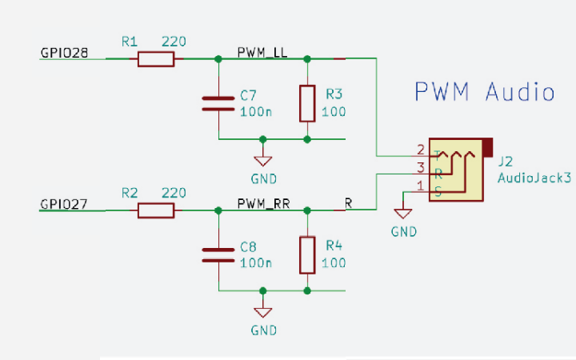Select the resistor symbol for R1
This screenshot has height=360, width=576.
[156, 58]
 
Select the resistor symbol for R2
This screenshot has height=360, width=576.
[156, 210]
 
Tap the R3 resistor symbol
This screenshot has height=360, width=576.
[307, 103]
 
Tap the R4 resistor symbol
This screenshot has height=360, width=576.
[307, 255]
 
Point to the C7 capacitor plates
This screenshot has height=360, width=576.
[218, 103]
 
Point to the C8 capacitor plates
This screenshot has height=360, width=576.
[218, 254]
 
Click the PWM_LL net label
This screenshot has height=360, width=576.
[262, 52]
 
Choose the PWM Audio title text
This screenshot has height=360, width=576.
[485, 92]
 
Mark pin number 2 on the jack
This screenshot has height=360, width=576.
[421, 149]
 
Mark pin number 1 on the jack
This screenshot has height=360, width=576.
[421, 186]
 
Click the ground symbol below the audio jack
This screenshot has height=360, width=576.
[403, 214]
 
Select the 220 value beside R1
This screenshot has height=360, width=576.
[174, 41]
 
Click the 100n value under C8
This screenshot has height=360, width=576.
[255, 262]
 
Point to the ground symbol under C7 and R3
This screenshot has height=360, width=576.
[262, 161]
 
